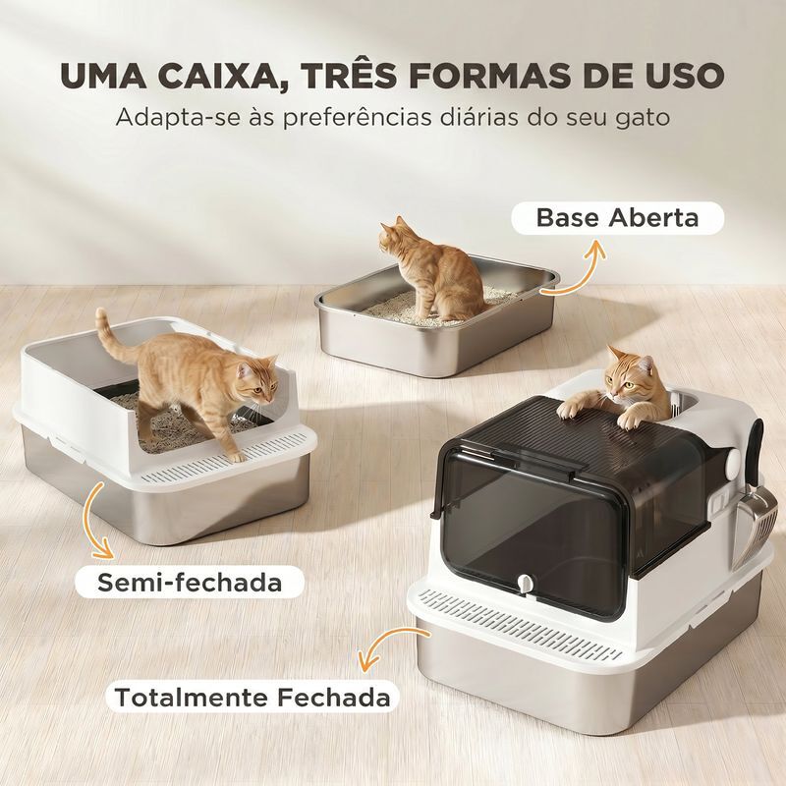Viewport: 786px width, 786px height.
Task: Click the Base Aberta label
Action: point(618,218)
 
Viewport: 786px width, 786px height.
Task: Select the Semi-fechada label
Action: point(190,582)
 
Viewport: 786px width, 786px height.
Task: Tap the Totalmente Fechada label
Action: point(253,697)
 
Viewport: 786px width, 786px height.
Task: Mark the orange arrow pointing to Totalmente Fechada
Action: point(387,645)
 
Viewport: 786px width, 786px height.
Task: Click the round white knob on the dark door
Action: point(525,583)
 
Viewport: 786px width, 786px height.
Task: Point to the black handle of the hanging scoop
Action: point(755,451)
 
